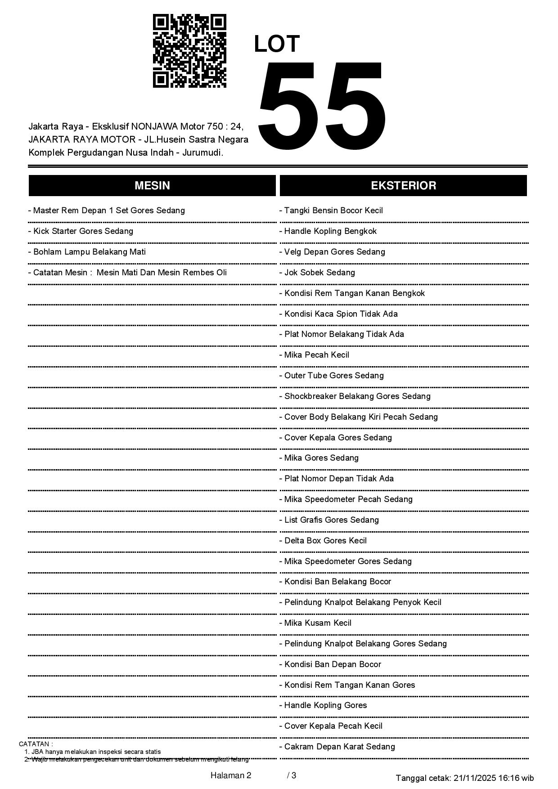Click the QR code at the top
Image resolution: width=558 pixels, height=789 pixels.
coord(189,51)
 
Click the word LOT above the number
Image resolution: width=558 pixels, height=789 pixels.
coord(277,44)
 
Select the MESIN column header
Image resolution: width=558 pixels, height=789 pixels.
coord(152,185)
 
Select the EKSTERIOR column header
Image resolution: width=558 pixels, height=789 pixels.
coord(403,185)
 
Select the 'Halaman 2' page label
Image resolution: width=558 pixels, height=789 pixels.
coord(231,776)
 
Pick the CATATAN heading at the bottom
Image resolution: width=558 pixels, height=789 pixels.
coord(36,744)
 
